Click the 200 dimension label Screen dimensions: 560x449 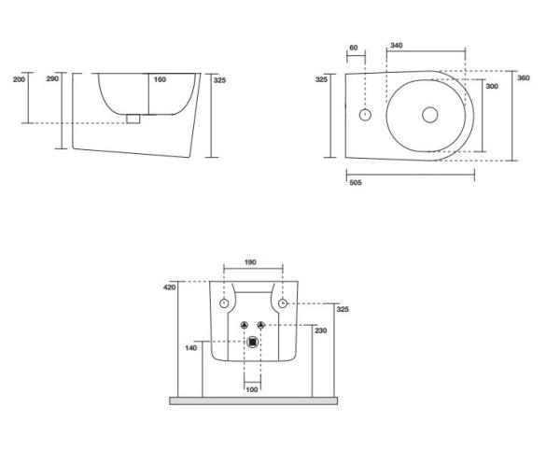click(x=19, y=79)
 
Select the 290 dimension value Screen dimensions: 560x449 click(x=52, y=78)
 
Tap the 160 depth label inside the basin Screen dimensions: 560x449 click(x=160, y=79)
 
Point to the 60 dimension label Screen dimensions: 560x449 click(x=353, y=48)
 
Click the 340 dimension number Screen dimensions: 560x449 click(x=396, y=46)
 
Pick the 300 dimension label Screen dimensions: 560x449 click(x=492, y=86)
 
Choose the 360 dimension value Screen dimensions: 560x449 click(x=524, y=77)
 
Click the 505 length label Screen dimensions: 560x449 click(x=356, y=183)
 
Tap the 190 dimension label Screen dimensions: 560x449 click(x=250, y=262)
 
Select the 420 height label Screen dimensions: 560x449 click(x=169, y=287)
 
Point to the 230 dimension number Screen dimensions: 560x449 click(x=321, y=330)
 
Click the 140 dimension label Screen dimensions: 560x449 click(x=190, y=347)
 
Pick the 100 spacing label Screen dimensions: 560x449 click(x=252, y=389)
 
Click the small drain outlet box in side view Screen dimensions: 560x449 click(x=133, y=119)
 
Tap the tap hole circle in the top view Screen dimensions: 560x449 click(x=365, y=115)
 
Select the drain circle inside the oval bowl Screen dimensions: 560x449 click(x=430, y=115)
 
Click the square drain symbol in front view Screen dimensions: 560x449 click(x=253, y=343)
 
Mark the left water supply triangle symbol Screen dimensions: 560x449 click(x=245, y=325)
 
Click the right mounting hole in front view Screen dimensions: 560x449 click(x=283, y=303)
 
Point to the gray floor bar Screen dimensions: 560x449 click(x=254, y=400)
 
